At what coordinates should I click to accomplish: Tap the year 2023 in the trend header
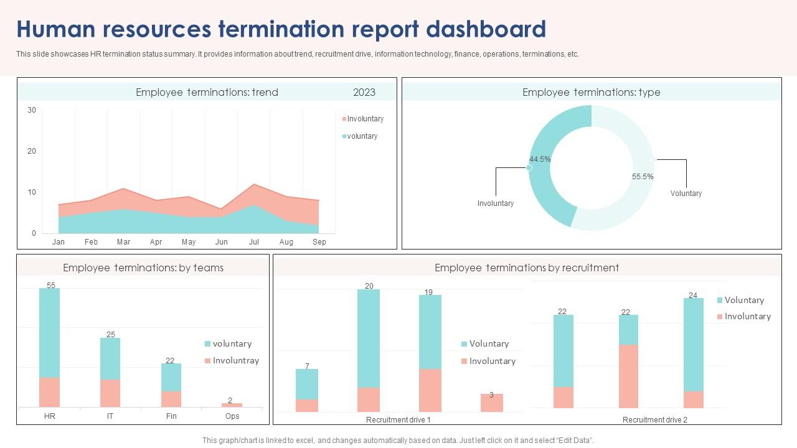point(364,92)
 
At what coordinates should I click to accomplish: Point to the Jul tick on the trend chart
point(254,242)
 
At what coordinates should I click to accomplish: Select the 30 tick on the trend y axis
point(32,110)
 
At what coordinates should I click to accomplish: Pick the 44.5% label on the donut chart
point(540,159)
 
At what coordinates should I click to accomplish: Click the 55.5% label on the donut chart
point(643,177)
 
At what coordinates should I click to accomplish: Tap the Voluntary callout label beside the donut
point(686,194)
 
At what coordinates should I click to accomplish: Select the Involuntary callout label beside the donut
point(496,203)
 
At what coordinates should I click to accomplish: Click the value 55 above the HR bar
point(51,286)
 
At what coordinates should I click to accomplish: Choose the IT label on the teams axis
point(110,416)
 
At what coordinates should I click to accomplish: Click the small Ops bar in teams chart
point(232,405)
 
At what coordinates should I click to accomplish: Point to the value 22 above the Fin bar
point(170,361)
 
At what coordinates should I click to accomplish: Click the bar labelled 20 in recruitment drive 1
point(369,348)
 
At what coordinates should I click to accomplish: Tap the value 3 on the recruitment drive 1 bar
point(491,395)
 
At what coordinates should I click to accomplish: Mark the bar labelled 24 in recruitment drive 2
point(693,352)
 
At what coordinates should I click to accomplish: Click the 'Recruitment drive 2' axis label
point(654,420)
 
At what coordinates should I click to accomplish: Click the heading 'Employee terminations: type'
point(591,92)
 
